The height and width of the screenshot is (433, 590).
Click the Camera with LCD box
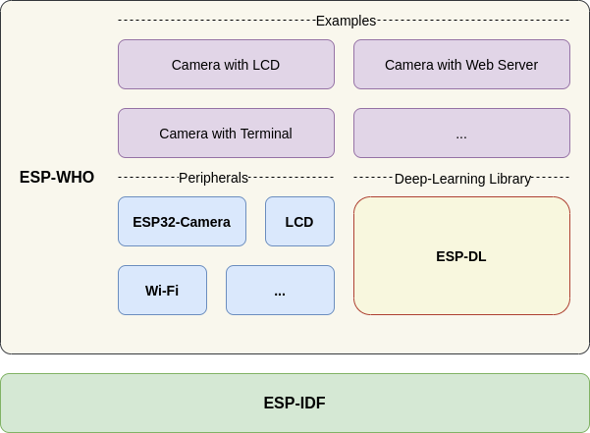(x=226, y=65)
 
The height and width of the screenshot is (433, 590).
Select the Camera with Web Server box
(x=461, y=65)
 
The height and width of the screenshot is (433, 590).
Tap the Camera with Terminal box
(x=226, y=134)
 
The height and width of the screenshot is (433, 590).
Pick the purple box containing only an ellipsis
(x=461, y=134)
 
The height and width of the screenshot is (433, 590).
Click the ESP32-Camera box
(x=182, y=222)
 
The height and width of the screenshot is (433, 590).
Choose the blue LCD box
(x=299, y=222)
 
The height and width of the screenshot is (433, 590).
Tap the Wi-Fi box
(x=162, y=291)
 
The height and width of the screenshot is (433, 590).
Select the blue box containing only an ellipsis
(x=280, y=291)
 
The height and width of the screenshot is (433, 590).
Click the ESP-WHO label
(x=57, y=178)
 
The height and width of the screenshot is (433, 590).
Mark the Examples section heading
(x=346, y=21)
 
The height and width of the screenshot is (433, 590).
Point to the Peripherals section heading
(x=213, y=178)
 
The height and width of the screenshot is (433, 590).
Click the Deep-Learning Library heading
(x=462, y=179)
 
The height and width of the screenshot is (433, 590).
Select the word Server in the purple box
(x=516, y=65)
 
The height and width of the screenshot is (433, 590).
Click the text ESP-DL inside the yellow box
(x=461, y=256)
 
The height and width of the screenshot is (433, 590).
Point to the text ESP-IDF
(x=295, y=404)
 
